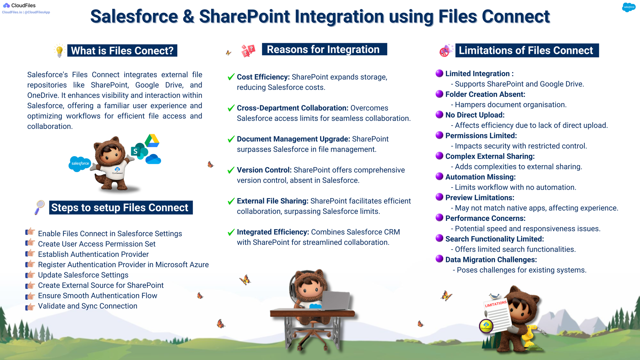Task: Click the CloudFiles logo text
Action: pyautogui.click(x=23, y=5)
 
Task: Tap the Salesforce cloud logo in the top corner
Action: pyautogui.click(x=628, y=7)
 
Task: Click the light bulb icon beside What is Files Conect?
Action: pyautogui.click(x=60, y=51)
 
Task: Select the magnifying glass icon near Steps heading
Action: pyautogui.click(x=40, y=207)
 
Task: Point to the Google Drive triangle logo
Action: pyautogui.click(x=152, y=141)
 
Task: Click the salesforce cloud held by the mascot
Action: pyautogui.click(x=80, y=164)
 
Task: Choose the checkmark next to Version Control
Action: pyautogui.click(x=231, y=170)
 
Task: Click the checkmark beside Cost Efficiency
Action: pyautogui.click(x=231, y=77)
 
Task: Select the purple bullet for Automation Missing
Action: pyautogui.click(x=439, y=176)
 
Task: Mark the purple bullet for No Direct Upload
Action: pyautogui.click(x=439, y=115)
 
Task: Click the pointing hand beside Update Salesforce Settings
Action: pyautogui.click(x=30, y=275)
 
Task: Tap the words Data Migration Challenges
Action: pyautogui.click(x=491, y=260)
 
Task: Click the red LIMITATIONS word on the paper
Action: pyautogui.click(x=496, y=304)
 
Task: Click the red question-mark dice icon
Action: pyautogui.click(x=248, y=51)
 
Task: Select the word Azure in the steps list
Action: pyautogui.click(x=199, y=265)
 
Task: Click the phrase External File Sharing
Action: pyautogui.click(x=272, y=201)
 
